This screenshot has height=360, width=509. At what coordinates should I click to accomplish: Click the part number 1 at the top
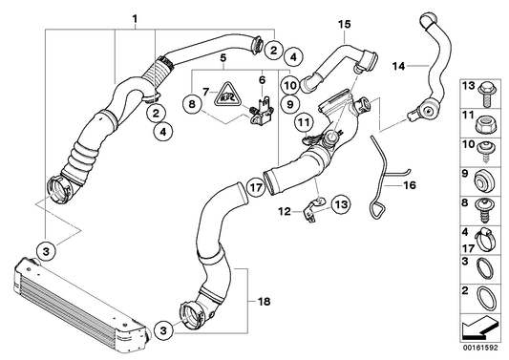135,18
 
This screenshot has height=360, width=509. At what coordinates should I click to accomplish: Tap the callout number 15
344,21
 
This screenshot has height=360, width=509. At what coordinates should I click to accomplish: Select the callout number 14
400,65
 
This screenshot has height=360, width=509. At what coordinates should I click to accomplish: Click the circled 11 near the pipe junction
303,122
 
